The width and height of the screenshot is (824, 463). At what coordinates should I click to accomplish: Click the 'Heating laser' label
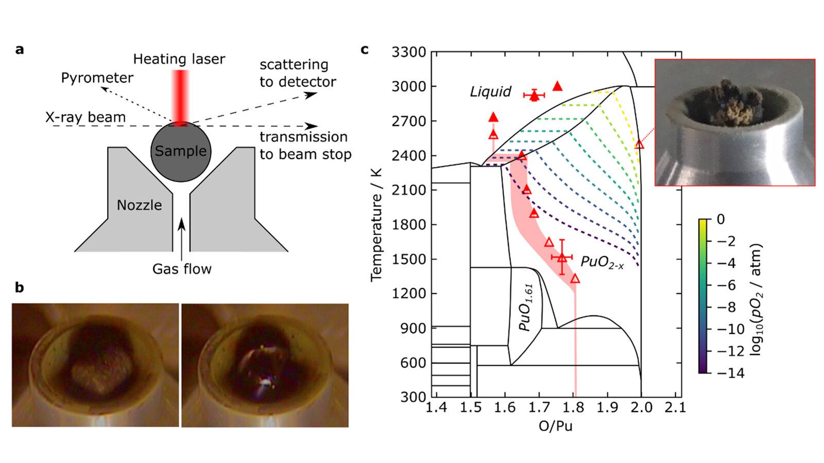pos(179,59)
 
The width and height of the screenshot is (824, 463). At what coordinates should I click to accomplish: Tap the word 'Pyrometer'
pos(97,78)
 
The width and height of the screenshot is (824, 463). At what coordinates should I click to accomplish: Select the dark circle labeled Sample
pos(181,152)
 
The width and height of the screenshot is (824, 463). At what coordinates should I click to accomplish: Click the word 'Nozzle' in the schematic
pos(140,205)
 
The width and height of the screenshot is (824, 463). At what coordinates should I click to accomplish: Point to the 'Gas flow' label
pos(182,269)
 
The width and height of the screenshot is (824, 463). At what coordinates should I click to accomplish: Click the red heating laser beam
pos(180,98)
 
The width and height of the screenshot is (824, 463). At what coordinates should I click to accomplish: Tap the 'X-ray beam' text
pos(85,117)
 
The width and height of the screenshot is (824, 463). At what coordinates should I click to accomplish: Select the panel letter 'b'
pos(20,288)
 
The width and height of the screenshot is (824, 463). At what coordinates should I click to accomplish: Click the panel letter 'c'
pos(365,49)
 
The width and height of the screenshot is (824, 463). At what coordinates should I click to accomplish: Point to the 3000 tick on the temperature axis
pos(408,87)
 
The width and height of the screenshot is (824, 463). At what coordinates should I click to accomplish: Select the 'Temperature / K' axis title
pos(376,224)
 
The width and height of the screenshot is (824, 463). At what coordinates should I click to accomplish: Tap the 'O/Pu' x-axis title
pos(556,426)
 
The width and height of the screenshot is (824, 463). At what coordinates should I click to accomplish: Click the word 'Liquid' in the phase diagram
pos(490,92)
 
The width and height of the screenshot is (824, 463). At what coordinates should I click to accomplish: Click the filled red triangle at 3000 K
pos(558,86)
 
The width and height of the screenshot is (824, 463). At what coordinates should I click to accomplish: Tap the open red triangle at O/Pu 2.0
pos(639,145)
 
